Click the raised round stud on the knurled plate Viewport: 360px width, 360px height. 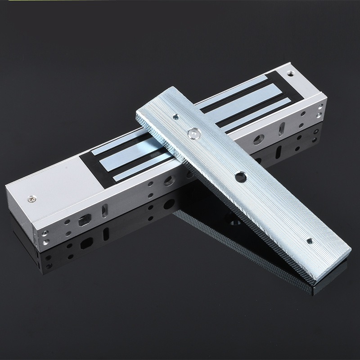click(x=194, y=133)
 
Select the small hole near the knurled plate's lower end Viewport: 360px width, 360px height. click(x=309, y=242)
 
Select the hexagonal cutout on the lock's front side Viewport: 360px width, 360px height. click(x=83, y=221)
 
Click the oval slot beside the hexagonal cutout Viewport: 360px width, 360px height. click(x=105, y=210)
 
